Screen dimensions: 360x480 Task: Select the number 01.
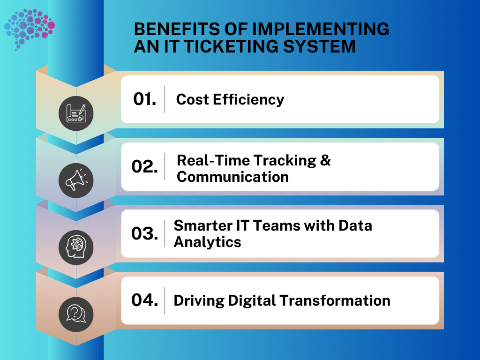pos(144,99)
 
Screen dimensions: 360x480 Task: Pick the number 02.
pos(144,167)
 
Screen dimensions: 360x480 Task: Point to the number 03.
pos(144,233)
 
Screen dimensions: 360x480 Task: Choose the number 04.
pos(144,300)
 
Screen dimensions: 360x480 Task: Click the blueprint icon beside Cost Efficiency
pos(76,113)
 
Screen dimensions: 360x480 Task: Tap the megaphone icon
pos(76,180)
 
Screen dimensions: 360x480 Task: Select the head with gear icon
pos(76,247)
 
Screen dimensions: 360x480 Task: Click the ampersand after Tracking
pos(325,160)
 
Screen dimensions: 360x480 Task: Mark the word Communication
pos(232,177)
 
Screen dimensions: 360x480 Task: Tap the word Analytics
pos(207,242)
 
